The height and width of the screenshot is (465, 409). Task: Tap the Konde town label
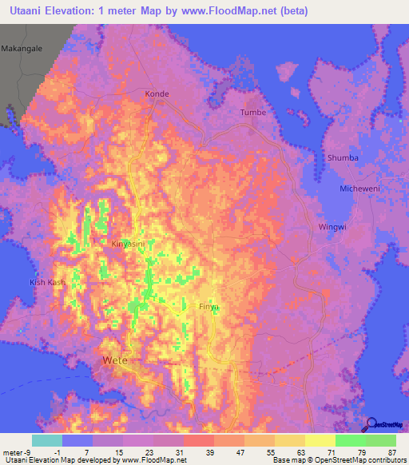coord(157,94)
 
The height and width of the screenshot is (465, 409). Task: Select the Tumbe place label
coord(253,113)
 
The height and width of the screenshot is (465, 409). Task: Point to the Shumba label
coord(343,158)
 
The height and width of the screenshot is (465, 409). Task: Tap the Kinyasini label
coord(128,243)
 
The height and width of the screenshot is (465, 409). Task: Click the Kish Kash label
coord(48,283)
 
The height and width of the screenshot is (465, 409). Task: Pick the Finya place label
coord(208,306)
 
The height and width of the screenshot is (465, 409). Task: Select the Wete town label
coord(117,361)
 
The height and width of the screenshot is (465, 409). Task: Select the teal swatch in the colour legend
coord(46,440)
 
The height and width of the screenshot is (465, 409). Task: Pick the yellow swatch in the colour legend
coord(320,440)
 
